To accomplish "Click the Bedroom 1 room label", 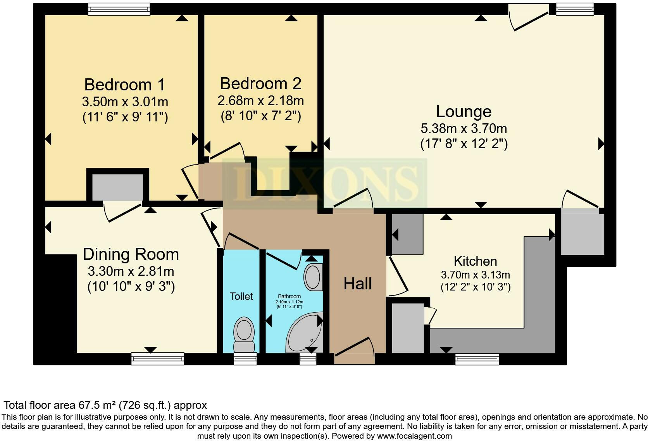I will tap(125, 85).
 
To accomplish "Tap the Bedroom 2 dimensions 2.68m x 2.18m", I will tap(260, 101).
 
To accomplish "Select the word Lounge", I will tap(464, 111).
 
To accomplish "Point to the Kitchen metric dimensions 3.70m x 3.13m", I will tap(475, 275).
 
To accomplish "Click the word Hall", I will tap(357, 284).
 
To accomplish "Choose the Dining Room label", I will tap(131, 254).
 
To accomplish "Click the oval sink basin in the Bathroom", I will tap(314, 277).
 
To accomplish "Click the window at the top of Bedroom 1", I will tap(119, 9).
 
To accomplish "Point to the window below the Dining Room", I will tap(157, 358).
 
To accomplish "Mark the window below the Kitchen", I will tap(477, 359).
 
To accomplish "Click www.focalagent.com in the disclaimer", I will tap(414, 436).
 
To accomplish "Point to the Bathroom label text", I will tap(289, 296).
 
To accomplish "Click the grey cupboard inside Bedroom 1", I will tap(117, 187).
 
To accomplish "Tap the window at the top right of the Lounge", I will tap(574, 9).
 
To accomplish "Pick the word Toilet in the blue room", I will tap(241, 296).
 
